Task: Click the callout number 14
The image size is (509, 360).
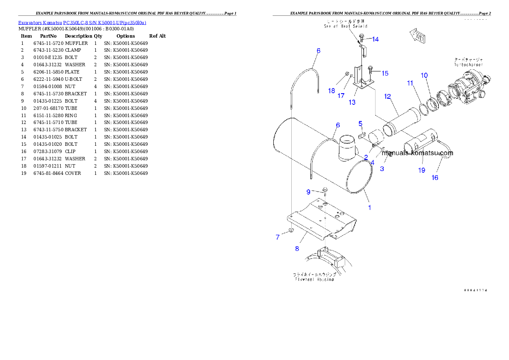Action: pyautogui.click(x=375, y=39)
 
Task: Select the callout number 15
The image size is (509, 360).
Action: pyautogui.click(x=385, y=74)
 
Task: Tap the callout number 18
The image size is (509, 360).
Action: pyautogui.click(x=331, y=91)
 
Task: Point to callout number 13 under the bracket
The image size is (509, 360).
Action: pyautogui.click(x=352, y=102)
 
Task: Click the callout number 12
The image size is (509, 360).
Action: pyautogui.click(x=388, y=97)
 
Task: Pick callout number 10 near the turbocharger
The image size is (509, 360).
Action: pyautogui.click(x=424, y=76)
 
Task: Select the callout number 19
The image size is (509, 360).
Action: pyautogui.click(x=422, y=170)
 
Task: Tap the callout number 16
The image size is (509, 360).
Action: pyautogui.click(x=435, y=178)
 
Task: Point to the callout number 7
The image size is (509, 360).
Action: pyautogui.click(x=278, y=237)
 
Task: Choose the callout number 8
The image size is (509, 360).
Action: pyautogui.click(x=297, y=248)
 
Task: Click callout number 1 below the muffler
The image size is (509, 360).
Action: pyautogui.click(x=370, y=208)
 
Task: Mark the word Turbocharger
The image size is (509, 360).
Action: pyautogui.click(x=468, y=65)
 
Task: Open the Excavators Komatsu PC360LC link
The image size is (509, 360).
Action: pyautogui.click(x=82, y=22)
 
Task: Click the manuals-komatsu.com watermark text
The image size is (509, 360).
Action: pyautogui.click(x=417, y=153)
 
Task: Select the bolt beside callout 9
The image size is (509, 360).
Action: pyautogui.click(x=325, y=190)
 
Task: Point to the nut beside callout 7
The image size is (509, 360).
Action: pyautogui.click(x=290, y=231)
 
